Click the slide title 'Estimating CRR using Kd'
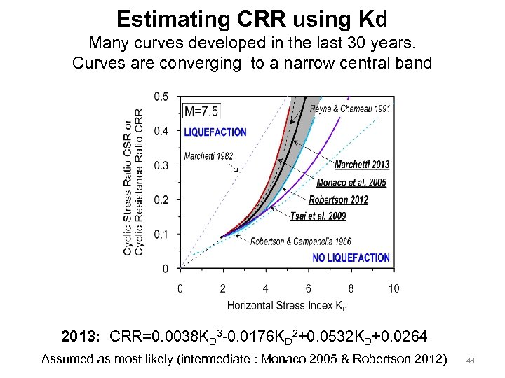pyautogui.click(x=252, y=19)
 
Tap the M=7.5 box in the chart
pyautogui.click(x=201, y=111)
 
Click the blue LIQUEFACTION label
pyautogui.click(x=215, y=132)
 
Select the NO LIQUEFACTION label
pyautogui.click(x=351, y=258)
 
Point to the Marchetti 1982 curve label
pyautogui.click(x=208, y=156)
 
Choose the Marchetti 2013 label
pyautogui.click(x=362, y=164)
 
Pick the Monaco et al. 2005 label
pyautogui.click(x=351, y=183)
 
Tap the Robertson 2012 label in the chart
pyautogui.click(x=338, y=200)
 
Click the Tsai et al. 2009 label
pyautogui.click(x=318, y=216)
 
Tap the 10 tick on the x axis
pyautogui.click(x=393, y=288)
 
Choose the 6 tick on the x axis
pyautogui.click(x=309, y=288)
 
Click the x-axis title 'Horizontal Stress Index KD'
pyautogui.click(x=287, y=305)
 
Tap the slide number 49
pyautogui.click(x=471, y=360)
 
